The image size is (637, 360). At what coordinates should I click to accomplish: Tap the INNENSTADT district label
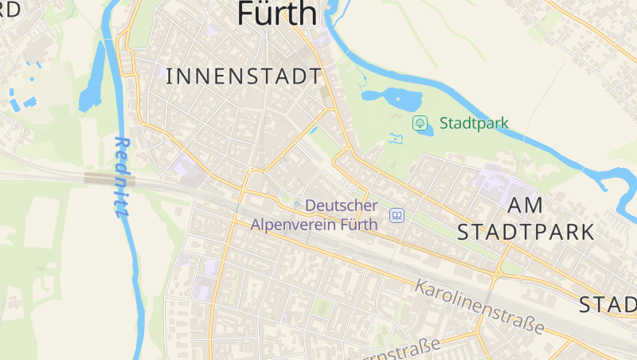tap(244, 76)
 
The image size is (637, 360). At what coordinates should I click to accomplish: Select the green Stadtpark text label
tap(473, 123)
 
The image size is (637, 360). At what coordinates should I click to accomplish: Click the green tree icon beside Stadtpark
tap(420, 123)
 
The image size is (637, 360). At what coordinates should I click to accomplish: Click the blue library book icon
tap(397, 215)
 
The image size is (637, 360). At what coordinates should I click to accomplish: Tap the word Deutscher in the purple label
tap(341, 205)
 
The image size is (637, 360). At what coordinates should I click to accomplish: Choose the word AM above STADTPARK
tap(526, 205)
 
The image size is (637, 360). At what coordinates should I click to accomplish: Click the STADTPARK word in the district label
tap(526, 233)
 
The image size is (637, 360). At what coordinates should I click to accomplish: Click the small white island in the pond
tap(398, 99)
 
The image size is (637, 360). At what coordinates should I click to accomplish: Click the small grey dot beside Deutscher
tap(297, 205)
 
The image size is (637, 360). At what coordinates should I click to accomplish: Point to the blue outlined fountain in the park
tap(396, 139)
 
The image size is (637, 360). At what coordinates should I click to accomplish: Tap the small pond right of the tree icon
tap(425, 130)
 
